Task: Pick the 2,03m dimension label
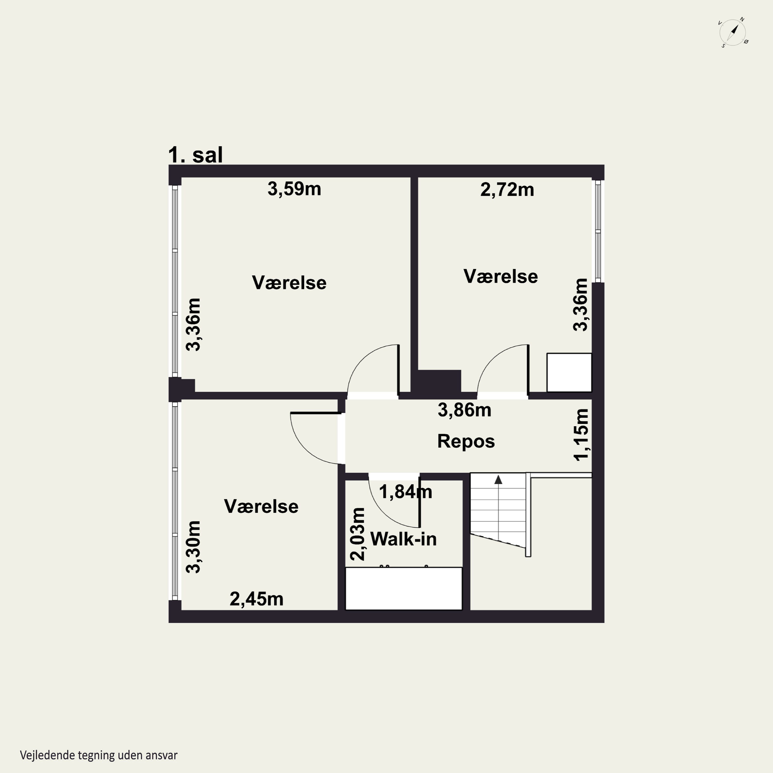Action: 357,534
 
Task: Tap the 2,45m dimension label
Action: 256,599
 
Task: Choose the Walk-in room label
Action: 403,539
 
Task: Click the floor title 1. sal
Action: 195,155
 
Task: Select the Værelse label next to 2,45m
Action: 261,507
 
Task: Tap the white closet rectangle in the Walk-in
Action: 404,589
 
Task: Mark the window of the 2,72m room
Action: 598,231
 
